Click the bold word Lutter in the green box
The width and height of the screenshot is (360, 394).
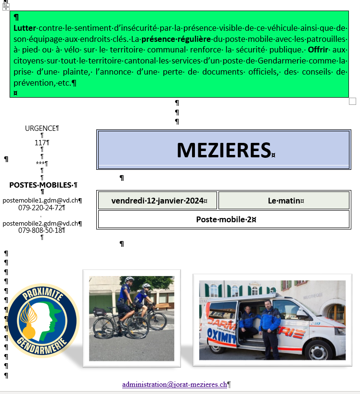[25, 27]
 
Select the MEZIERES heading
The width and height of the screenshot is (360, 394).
[223, 150]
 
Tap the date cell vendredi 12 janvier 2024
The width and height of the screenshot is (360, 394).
[157, 200]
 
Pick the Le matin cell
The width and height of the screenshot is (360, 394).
[284, 200]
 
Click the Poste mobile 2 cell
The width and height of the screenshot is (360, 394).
[224, 219]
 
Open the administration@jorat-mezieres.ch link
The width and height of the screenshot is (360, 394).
[174, 384]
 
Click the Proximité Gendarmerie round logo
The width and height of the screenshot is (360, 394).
[43, 320]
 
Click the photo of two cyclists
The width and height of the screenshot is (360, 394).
[131, 318]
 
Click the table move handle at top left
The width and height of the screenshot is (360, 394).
[6, 6]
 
